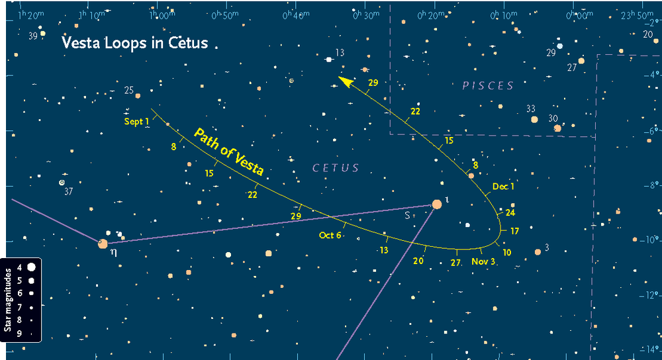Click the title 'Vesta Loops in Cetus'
134,44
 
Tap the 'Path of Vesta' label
228,152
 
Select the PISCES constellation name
488,85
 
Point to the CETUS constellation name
336,168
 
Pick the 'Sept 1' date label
137,122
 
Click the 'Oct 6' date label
330,235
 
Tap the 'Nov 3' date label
483,262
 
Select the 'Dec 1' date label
504,187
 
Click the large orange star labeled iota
437,204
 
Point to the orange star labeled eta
103,244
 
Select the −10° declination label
652,240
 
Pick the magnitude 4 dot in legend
31,267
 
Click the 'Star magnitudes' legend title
8,300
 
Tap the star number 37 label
68,192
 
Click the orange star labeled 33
534,120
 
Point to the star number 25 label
129,90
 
